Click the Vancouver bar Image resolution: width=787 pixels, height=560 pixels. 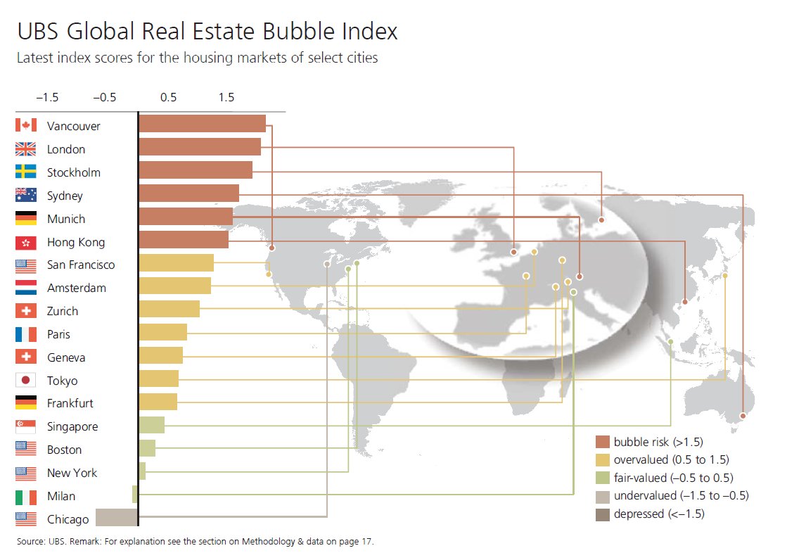tap(202, 124)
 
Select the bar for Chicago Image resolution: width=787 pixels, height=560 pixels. tap(116, 518)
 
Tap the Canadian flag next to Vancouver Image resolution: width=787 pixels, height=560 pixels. tap(25, 126)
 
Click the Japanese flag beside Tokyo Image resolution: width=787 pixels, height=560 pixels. tap(25, 381)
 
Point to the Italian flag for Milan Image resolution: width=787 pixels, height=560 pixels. tap(25, 497)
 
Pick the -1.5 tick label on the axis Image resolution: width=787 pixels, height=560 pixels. tap(47, 97)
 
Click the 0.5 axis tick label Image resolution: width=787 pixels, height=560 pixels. tap(168, 97)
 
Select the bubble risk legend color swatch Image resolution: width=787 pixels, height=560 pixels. tap(602, 443)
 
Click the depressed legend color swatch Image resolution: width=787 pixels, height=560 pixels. tap(602, 514)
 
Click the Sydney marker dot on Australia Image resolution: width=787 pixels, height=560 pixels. tap(743, 416)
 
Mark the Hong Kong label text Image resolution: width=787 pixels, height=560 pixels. tap(76, 242)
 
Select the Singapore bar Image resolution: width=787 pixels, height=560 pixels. tap(151, 425)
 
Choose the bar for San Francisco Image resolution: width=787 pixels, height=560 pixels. tap(176, 263)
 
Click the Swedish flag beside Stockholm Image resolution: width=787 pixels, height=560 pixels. tap(25, 172)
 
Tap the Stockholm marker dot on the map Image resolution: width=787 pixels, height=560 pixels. tap(601, 220)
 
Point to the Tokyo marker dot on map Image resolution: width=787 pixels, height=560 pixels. tap(724, 276)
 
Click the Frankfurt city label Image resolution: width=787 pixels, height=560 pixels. tap(70, 404)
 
